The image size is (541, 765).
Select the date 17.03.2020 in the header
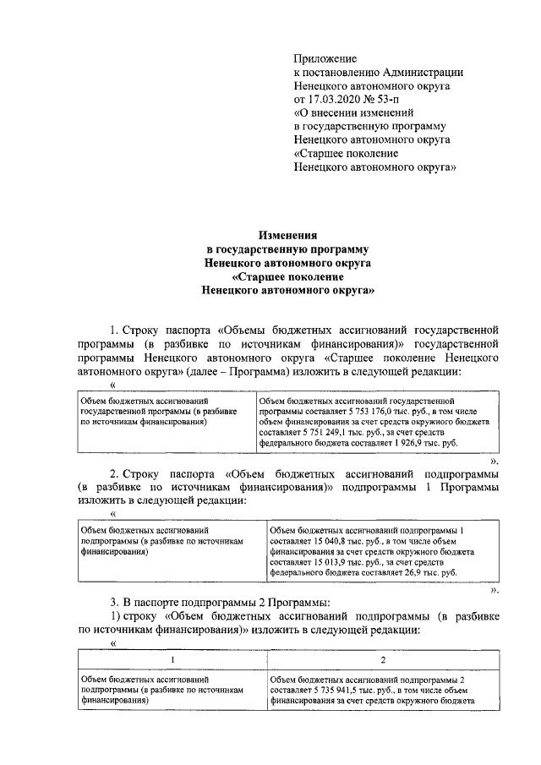335,99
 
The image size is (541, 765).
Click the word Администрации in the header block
418,72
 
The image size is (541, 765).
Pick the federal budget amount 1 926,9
412,443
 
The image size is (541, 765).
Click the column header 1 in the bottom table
172,659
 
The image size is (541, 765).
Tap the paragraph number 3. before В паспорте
114,602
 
